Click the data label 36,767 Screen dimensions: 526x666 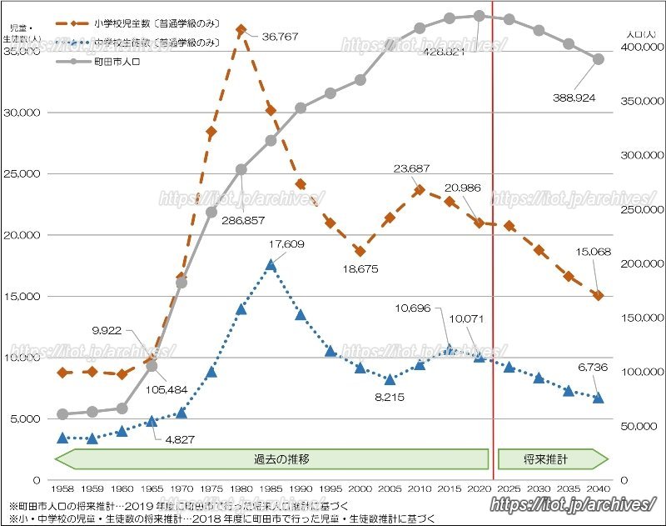[280, 37]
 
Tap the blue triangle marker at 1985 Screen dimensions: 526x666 [271, 265]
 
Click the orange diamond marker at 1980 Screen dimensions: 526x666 [241, 30]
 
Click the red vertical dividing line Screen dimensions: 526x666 [493, 250]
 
